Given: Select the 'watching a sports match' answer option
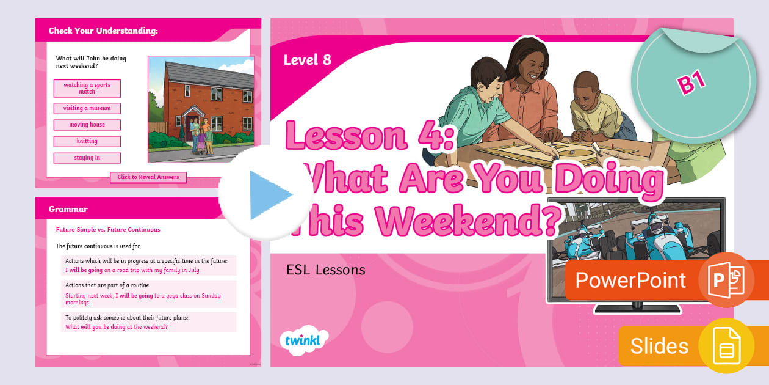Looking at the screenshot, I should click(87, 89).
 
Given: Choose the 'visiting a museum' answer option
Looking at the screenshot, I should click(87, 108).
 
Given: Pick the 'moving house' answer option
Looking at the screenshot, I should click(87, 125).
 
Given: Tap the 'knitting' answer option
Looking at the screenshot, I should click(87, 141).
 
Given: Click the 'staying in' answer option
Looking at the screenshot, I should click(87, 158).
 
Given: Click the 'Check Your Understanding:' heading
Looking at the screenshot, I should click(103, 31).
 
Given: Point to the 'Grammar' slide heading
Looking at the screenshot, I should click(68, 209).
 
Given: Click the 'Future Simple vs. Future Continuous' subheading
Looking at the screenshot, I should click(108, 230).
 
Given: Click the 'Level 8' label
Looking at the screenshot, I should click(307, 60).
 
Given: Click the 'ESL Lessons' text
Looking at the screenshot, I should click(325, 269).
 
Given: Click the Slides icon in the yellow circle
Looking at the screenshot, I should click(726, 346).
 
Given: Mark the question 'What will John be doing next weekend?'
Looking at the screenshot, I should click(91, 62).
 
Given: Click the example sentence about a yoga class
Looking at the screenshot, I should click(143, 299).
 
